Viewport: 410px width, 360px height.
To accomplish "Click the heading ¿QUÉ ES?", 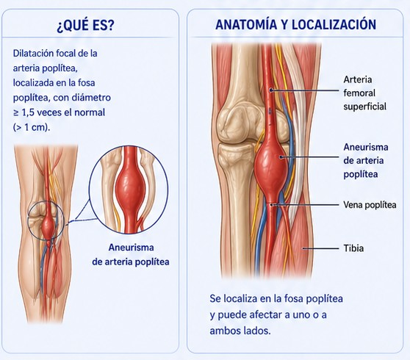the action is tap(85, 26).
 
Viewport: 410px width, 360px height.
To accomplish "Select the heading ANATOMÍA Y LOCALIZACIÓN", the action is tap(295, 24).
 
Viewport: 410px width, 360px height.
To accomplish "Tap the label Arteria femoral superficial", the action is tap(364, 93).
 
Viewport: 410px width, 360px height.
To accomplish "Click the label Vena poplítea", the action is tap(370, 205).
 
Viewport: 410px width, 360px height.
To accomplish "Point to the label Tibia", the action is tap(353, 248).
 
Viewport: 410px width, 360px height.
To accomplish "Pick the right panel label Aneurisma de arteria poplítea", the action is tap(366, 160).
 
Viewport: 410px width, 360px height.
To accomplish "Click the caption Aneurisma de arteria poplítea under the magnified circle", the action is tap(131, 255).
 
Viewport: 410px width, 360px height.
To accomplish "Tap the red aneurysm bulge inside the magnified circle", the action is tap(130, 187).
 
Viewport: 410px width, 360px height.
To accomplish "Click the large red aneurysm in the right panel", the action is tap(271, 165).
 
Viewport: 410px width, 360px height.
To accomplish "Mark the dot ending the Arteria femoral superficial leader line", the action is tap(271, 90).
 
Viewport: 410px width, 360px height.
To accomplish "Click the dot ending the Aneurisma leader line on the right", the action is tap(281, 157).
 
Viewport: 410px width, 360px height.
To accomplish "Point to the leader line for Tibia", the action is tap(320, 248).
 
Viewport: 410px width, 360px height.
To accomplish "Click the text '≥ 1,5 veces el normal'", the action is tap(59, 112).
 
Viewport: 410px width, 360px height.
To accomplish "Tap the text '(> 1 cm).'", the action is tap(32, 128).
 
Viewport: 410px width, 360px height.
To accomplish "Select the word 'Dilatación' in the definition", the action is tap(32, 54).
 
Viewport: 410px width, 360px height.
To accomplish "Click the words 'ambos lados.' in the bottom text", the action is tap(240, 331).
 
